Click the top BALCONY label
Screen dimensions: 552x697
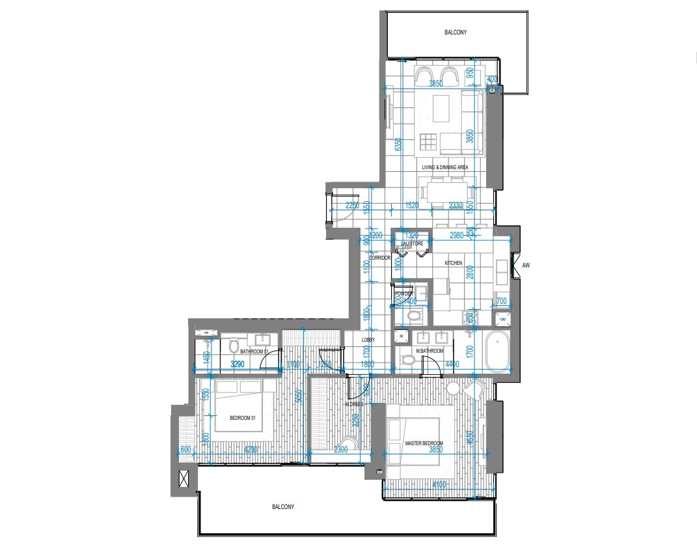point(456,32)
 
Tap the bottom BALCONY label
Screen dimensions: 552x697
point(283,507)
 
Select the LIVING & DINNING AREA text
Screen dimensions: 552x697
point(444,167)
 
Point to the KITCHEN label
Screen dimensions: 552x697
point(454,263)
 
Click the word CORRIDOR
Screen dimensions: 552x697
point(379,258)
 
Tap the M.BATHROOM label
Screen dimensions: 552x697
point(430,352)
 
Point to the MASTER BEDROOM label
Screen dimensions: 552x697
point(424,443)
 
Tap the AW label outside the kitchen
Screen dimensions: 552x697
point(526,266)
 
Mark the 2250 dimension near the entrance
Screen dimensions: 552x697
point(352,206)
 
